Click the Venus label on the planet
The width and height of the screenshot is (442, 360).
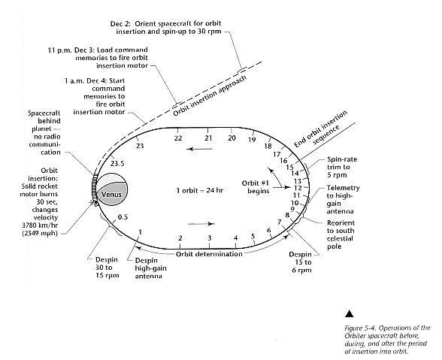(x=111, y=194)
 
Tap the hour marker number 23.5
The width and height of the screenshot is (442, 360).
(x=117, y=164)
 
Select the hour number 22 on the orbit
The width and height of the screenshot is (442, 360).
(x=178, y=138)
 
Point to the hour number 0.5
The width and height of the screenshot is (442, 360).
(x=123, y=217)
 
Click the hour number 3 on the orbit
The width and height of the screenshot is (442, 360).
(x=210, y=238)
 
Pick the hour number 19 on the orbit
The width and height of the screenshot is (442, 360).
(x=252, y=140)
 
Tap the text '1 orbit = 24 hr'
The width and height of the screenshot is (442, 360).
(x=200, y=191)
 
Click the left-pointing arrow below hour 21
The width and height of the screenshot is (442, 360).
(x=200, y=149)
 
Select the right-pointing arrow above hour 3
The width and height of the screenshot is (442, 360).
(x=201, y=224)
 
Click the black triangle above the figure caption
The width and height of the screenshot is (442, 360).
(x=350, y=313)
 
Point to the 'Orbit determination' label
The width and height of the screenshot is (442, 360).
(x=209, y=254)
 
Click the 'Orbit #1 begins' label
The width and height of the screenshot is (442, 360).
(x=256, y=187)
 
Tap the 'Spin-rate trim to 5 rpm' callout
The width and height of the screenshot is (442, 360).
(x=342, y=167)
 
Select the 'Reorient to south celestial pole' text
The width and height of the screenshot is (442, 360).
(x=341, y=234)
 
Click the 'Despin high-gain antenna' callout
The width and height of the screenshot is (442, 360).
(x=150, y=268)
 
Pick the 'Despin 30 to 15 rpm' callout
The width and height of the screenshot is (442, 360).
(x=107, y=268)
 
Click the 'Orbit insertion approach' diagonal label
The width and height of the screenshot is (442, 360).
(x=210, y=96)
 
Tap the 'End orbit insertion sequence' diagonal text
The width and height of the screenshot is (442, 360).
(x=321, y=130)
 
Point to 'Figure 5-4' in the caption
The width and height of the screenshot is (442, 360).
(x=359, y=328)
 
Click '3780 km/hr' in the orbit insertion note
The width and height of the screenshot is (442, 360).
(x=40, y=225)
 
